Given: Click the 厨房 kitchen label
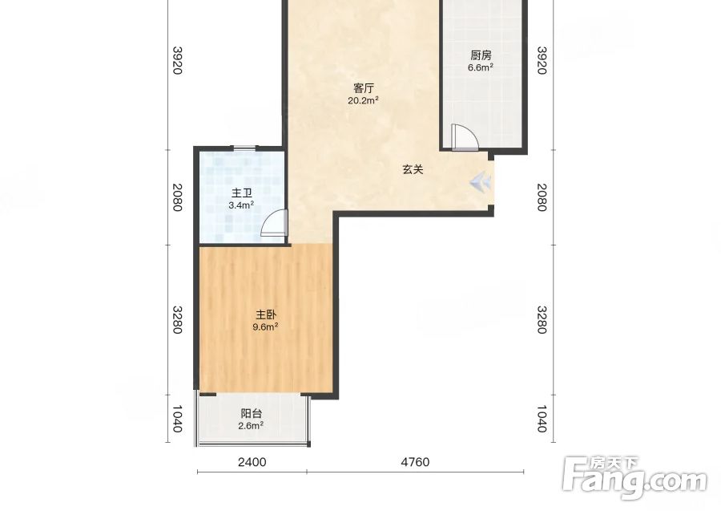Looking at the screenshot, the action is (481, 55).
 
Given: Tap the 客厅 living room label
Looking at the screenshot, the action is (363, 88).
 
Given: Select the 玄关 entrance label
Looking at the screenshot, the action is (413, 169).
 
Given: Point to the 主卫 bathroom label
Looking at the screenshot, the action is (241, 193).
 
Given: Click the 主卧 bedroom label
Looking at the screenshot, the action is (266, 315).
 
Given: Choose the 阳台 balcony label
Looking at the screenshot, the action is (251, 414).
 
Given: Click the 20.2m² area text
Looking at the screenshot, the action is (363, 100).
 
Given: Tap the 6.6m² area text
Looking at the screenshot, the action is (481, 67).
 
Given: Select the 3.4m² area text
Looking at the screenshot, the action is (241, 205).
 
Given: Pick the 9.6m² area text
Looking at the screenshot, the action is (266, 326).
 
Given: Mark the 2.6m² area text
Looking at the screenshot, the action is (251, 426).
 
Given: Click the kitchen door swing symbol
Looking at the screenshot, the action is (465, 137).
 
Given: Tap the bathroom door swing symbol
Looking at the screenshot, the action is (274, 223).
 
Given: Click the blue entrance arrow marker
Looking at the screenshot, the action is (480, 182).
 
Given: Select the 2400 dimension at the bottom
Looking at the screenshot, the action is (252, 462).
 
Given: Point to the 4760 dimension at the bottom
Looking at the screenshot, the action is (415, 462).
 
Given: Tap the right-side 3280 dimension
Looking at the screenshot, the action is (542, 320).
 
